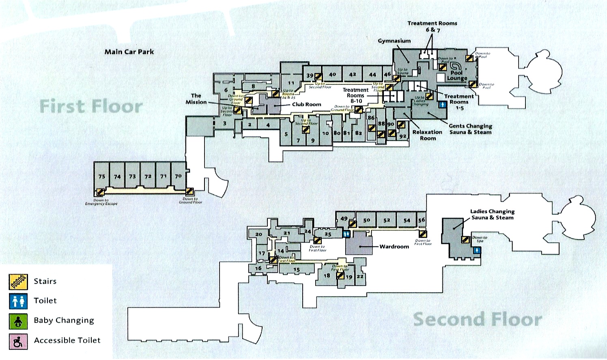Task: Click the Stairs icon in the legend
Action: click(x=18, y=282)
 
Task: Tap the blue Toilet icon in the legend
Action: click(x=18, y=301)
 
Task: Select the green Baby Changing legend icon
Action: click(x=18, y=321)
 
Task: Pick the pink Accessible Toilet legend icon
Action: click(x=18, y=341)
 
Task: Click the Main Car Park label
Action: click(x=129, y=52)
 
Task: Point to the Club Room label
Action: click(x=306, y=104)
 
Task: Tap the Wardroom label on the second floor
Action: click(x=394, y=246)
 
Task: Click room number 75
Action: click(x=102, y=177)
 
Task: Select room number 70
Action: click(x=178, y=176)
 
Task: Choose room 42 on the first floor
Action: click(x=353, y=74)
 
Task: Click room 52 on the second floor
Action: click(x=387, y=220)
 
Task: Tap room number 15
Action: click(x=297, y=269)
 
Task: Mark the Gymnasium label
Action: click(x=394, y=41)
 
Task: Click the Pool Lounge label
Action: click(x=457, y=75)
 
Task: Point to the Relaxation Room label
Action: click(x=427, y=135)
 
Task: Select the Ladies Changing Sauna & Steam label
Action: click(x=492, y=214)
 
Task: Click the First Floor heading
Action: click(x=91, y=106)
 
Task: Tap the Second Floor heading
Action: click(x=478, y=319)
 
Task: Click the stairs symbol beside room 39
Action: click(x=318, y=76)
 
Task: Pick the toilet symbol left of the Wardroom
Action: click(x=347, y=234)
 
